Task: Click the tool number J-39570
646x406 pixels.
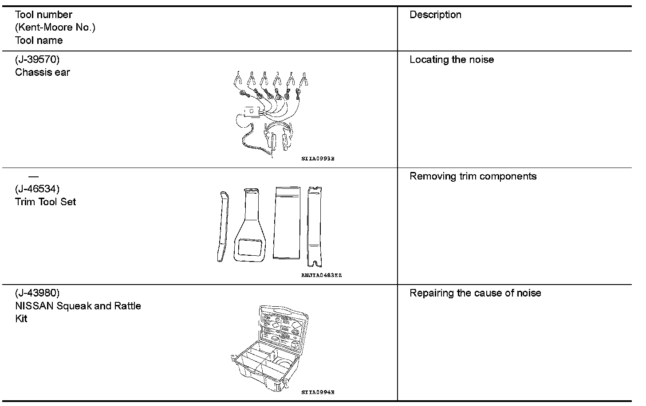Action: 37,59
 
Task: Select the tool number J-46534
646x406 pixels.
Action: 37,189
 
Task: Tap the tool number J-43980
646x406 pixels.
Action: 37,293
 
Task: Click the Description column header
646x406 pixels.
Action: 435,15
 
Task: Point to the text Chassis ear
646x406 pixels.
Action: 43,72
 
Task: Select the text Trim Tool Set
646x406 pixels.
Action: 45,202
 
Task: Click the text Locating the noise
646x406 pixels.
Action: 452,60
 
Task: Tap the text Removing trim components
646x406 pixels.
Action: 473,176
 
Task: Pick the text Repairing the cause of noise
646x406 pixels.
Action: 475,293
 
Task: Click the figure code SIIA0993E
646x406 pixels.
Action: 318,159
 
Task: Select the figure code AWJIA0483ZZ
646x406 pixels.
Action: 321,275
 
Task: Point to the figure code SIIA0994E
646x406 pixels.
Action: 318,392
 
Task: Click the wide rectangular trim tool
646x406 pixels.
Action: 288,223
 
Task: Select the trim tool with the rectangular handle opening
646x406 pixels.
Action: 251,226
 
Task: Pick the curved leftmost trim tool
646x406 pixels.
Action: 223,226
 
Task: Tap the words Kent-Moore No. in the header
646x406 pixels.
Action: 55,27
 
